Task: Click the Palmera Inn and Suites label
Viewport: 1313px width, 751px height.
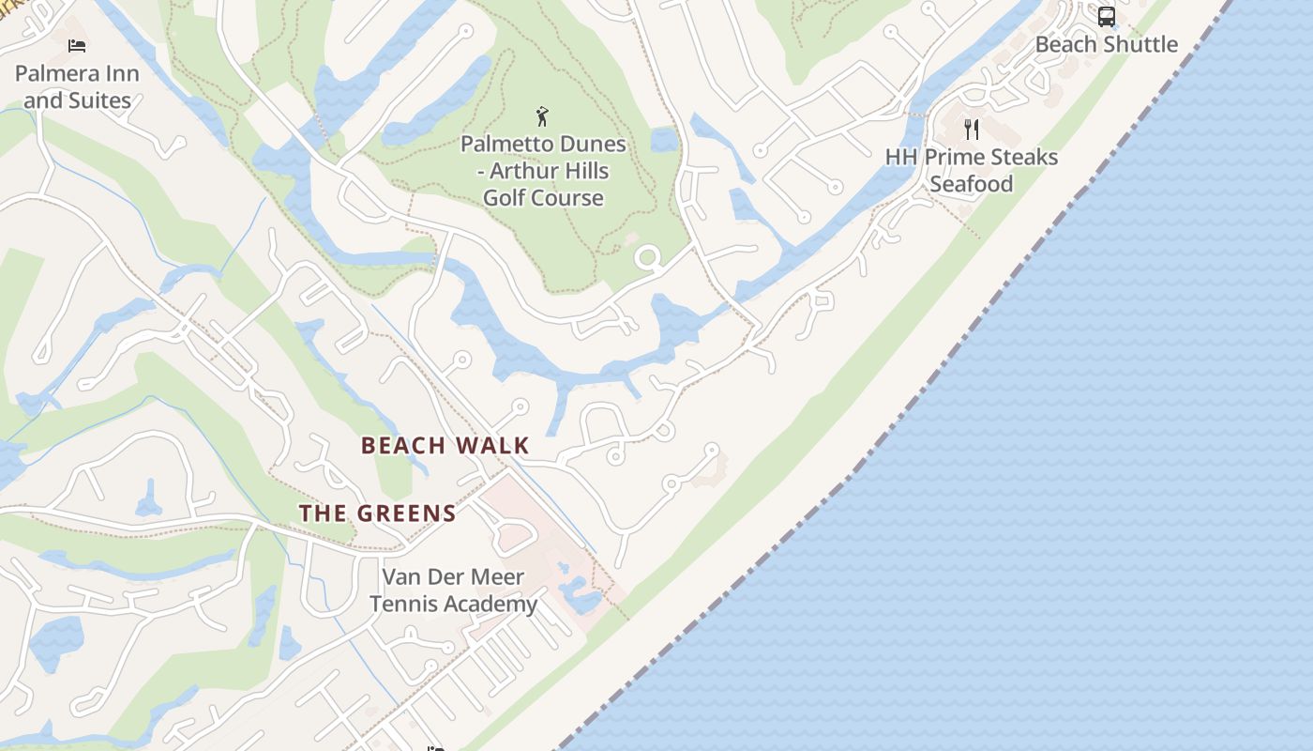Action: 77,86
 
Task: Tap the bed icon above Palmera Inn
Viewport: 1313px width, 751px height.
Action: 77,45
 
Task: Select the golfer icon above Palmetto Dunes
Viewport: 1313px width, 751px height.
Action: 542,116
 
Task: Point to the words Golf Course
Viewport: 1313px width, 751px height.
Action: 543,198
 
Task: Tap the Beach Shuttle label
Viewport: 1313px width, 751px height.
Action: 1107,44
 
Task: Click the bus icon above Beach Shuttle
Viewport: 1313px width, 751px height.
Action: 1107,17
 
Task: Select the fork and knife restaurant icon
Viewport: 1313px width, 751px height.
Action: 972,129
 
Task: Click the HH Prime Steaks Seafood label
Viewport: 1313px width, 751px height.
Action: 972,170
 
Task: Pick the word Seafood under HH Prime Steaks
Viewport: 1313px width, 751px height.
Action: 972,184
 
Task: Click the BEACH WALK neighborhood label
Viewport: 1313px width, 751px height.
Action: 445,445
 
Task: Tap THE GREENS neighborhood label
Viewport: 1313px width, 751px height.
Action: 378,513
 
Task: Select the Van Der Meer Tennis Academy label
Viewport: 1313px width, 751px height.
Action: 453,590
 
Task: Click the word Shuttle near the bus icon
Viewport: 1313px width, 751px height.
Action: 1140,44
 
